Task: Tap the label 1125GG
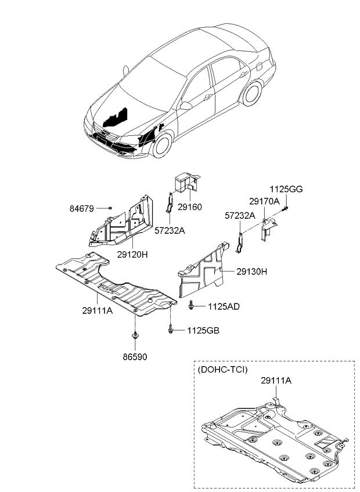[286, 189]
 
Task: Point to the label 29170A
[265, 201]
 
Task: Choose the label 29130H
[251, 272]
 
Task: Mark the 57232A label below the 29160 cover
[170, 230]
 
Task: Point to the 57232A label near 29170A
[240, 215]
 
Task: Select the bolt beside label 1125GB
[171, 331]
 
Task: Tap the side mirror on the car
[185, 106]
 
